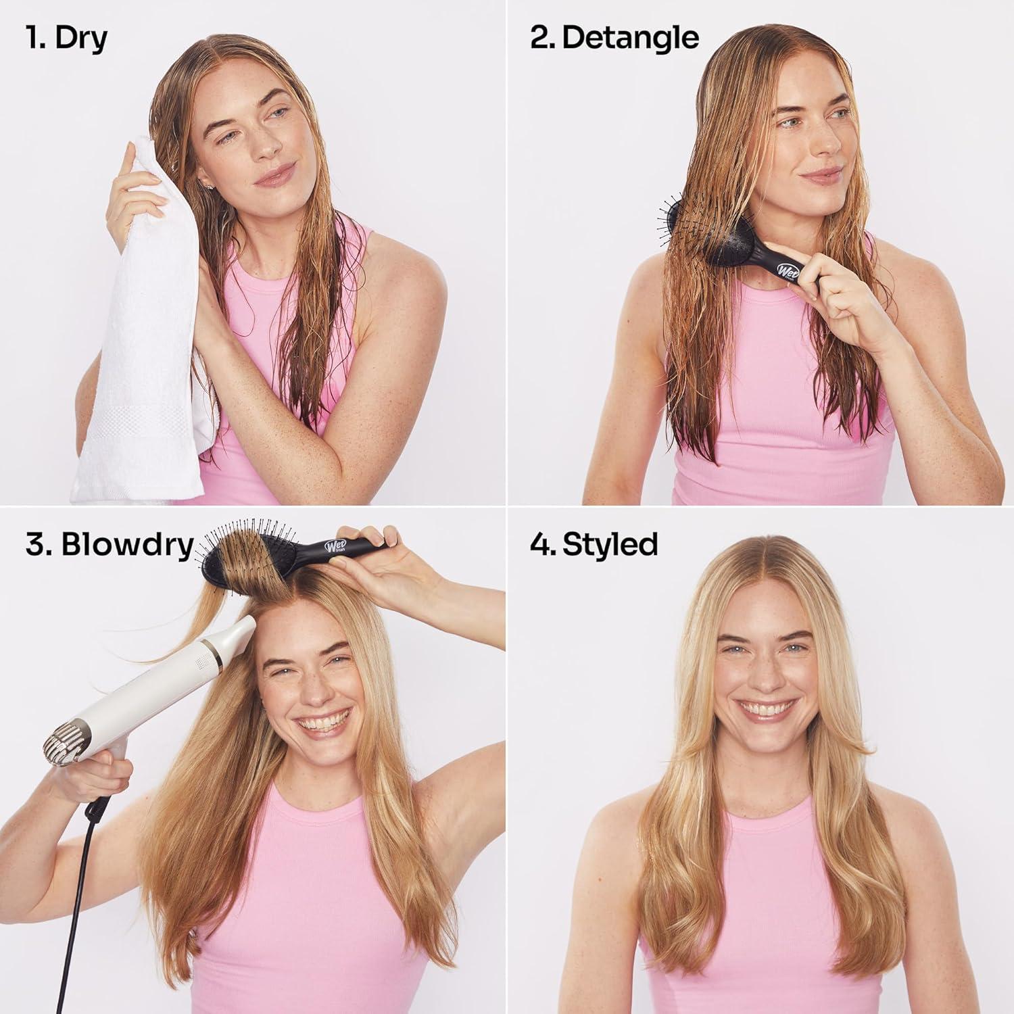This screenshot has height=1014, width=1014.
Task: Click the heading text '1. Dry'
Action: tap(66, 38)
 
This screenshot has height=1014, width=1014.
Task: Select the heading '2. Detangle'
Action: tap(614, 38)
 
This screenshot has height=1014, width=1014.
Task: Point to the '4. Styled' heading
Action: tap(594, 544)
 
